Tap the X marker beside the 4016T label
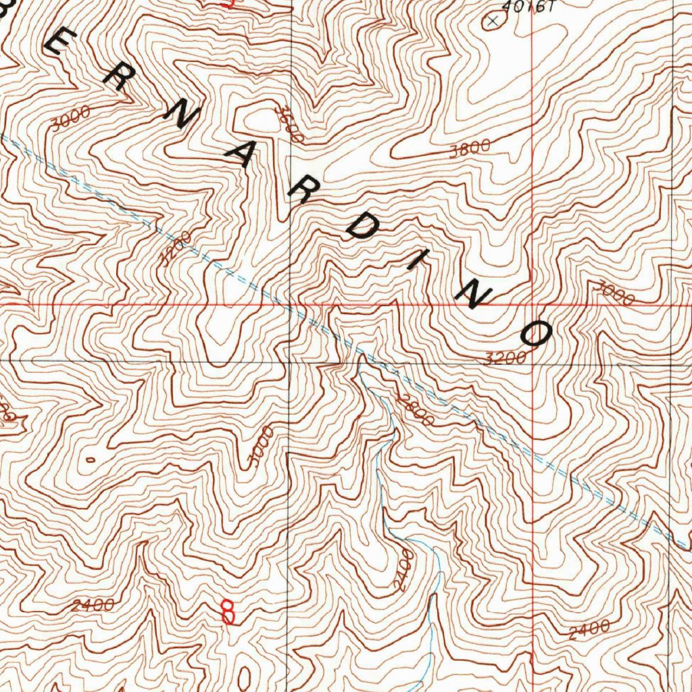(x=492, y=22)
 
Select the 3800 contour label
(x=470, y=149)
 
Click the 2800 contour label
(x=415, y=410)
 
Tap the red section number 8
(x=228, y=612)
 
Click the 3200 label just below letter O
(x=505, y=358)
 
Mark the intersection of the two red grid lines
(x=533, y=304)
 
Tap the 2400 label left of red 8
(x=92, y=605)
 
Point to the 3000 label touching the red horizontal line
(x=612, y=293)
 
